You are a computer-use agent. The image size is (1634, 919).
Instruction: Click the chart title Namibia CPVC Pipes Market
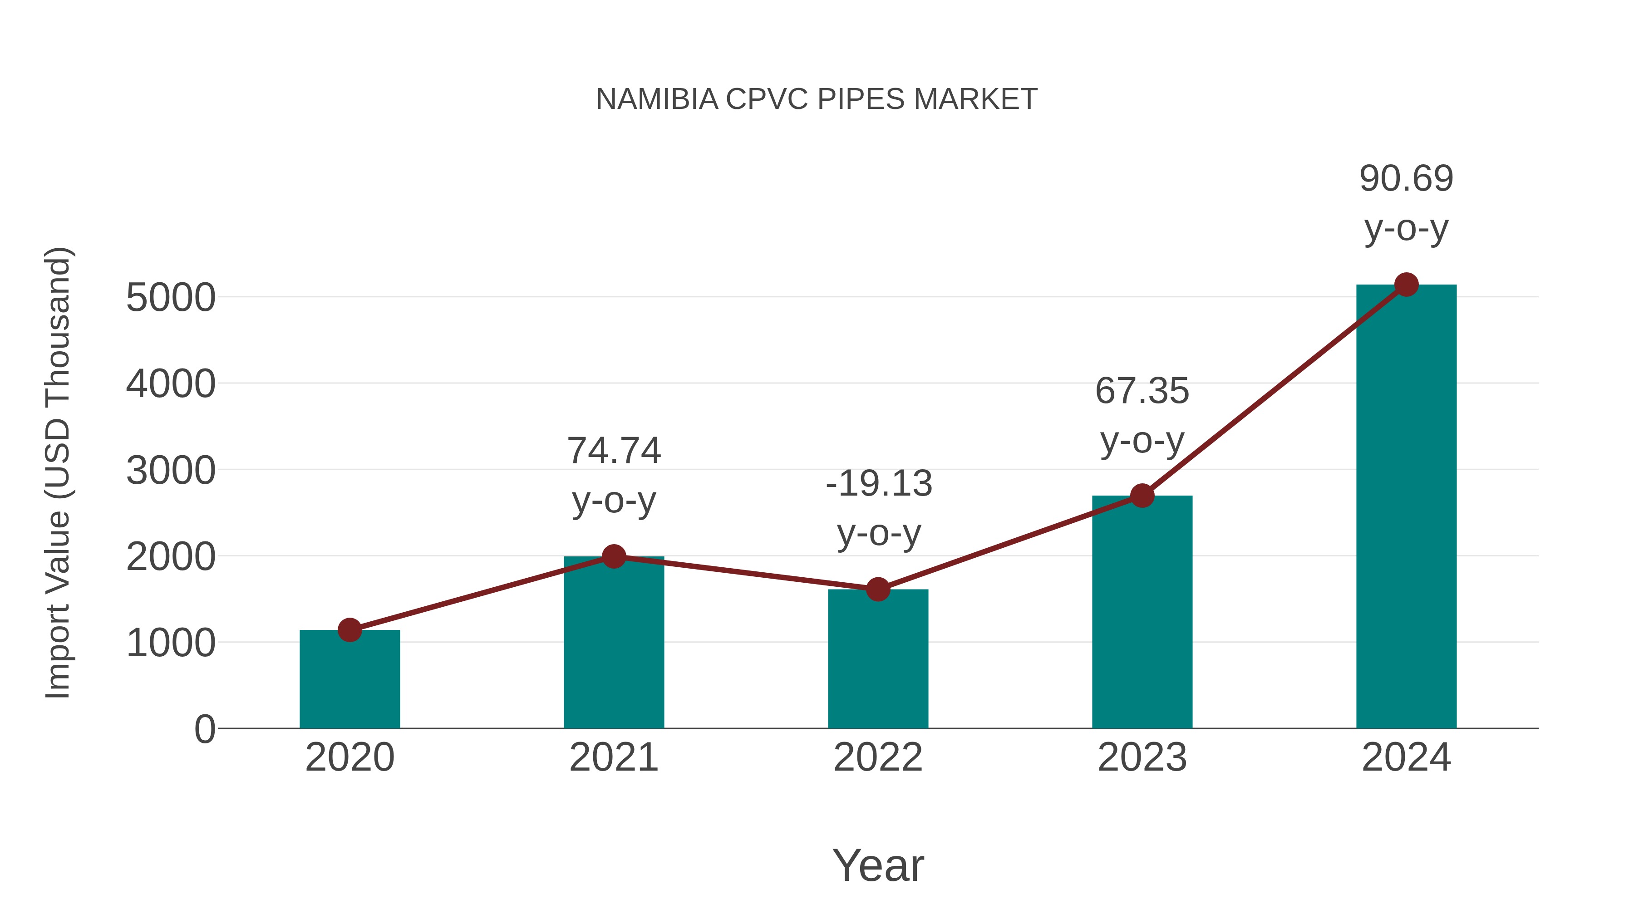[817, 99]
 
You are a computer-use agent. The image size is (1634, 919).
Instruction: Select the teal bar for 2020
[349, 682]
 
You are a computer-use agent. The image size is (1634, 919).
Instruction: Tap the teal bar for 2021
[613, 644]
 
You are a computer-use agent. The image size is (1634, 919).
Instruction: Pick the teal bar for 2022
[878, 659]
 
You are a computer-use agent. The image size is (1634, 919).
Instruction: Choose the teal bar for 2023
[1142, 612]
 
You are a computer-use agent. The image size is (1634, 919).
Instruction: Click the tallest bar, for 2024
[1406, 507]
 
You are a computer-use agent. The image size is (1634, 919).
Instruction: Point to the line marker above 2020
[349, 630]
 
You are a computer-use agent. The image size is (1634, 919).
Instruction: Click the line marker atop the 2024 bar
[1406, 285]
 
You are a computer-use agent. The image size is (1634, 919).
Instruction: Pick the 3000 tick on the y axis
[171, 471]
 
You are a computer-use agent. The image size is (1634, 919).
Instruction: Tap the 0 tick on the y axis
[204, 729]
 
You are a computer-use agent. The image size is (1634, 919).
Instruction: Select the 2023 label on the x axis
[1142, 757]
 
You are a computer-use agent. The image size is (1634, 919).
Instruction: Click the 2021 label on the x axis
[613, 757]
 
